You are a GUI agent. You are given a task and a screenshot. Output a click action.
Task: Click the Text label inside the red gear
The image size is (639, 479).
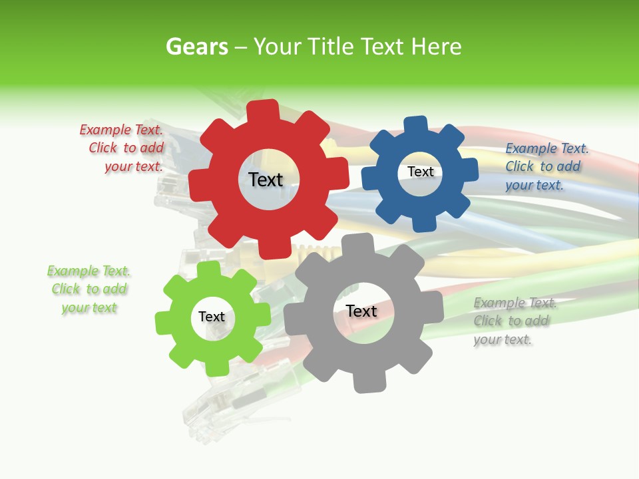pyautogui.click(x=266, y=180)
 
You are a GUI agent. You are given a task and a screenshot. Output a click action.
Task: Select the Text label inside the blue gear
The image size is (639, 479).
pyautogui.click(x=420, y=172)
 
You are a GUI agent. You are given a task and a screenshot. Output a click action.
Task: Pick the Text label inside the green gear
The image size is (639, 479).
pyautogui.click(x=212, y=317)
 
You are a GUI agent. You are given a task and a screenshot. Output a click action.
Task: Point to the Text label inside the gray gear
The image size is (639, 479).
pyautogui.click(x=361, y=311)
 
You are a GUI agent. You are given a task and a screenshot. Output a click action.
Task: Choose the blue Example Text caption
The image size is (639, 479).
pyautogui.click(x=546, y=166)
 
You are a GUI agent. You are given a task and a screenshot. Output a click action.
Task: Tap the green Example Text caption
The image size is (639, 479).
pyautogui.click(x=89, y=289)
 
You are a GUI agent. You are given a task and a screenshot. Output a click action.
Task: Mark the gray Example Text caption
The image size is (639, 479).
pyautogui.click(x=515, y=321)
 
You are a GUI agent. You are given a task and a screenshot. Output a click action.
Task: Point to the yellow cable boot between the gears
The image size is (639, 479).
pyautogui.click(x=313, y=253)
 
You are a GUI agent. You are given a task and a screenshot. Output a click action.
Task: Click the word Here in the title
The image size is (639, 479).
pyautogui.click(x=436, y=47)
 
